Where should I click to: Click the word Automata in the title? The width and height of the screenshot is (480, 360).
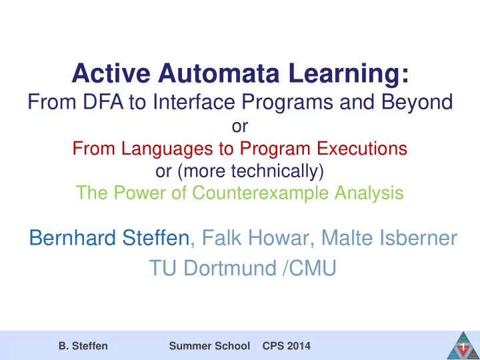pyautogui.click(x=219, y=73)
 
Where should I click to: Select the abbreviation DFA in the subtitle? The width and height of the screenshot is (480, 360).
pyautogui.click(x=103, y=102)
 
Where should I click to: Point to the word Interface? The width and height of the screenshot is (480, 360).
pyautogui.click(x=194, y=102)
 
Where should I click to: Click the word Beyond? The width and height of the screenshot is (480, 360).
pyautogui.click(x=417, y=103)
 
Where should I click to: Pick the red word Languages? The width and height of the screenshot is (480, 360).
pyautogui.click(x=167, y=149)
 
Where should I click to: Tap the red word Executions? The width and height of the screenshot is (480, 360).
pyautogui.click(x=362, y=149)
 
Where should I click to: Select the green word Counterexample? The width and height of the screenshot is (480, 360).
pyautogui.click(x=261, y=193)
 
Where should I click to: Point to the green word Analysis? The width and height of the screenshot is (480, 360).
pyautogui.click(x=369, y=193)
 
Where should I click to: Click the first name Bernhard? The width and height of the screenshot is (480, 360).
pyautogui.click(x=73, y=237)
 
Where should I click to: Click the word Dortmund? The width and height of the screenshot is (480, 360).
pyautogui.click(x=230, y=268)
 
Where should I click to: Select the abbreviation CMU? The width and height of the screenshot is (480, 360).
pyautogui.click(x=313, y=268)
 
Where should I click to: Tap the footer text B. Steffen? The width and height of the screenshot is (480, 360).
pyautogui.click(x=83, y=346)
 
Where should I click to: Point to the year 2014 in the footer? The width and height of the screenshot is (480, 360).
pyautogui.click(x=299, y=346)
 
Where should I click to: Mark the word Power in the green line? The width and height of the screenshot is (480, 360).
pyautogui.click(x=140, y=193)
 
